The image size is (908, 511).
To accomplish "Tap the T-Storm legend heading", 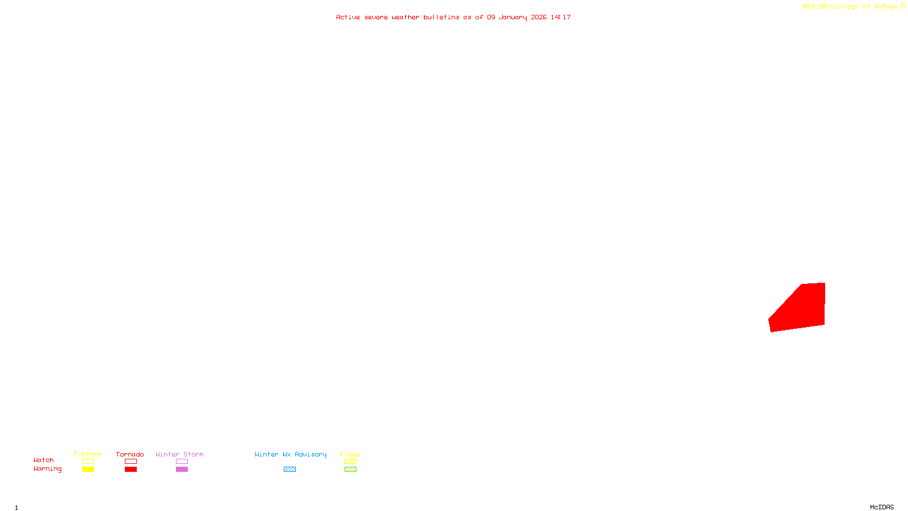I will click(87, 454).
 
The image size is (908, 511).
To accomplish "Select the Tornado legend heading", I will click(130, 454).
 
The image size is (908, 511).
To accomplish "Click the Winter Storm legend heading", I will click(179, 454).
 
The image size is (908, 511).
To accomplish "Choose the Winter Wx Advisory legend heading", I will click(291, 454).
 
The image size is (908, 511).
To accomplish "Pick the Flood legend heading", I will click(350, 454).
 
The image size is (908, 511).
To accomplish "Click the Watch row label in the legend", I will click(44, 460).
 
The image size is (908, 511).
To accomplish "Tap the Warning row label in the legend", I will click(48, 469).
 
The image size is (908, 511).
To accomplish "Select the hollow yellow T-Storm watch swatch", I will click(88, 462).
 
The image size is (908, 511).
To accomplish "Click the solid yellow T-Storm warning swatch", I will click(88, 470).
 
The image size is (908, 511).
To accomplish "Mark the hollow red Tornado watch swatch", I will click(131, 462).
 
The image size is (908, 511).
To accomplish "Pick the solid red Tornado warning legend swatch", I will click(131, 470).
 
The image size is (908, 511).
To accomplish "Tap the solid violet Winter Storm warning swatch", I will click(182, 470).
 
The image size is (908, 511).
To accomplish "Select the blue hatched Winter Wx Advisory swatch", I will click(289, 470).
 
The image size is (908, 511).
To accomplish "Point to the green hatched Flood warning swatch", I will click(351, 470).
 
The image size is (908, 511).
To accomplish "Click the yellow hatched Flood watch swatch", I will click(351, 462).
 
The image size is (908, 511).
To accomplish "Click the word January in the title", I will click(513, 18).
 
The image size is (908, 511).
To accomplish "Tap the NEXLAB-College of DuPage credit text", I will click(851, 7).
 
